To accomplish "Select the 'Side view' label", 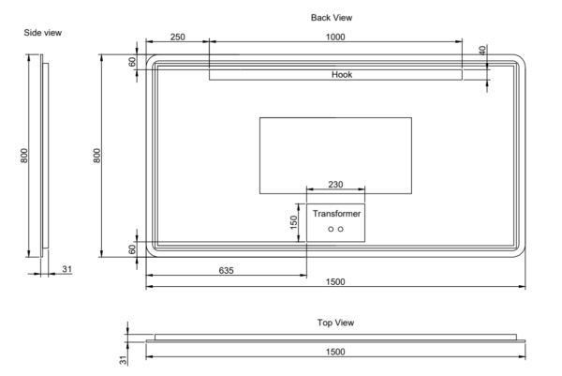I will click(x=43, y=33).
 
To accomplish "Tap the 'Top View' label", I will click(x=335, y=322).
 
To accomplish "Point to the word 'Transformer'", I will click(x=335, y=214).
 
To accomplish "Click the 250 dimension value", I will click(x=176, y=37).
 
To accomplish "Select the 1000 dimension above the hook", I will click(x=335, y=37).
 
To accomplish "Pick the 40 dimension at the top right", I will click(x=482, y=51).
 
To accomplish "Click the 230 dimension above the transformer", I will click(x=334, y=185).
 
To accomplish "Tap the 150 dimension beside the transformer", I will click(x=293, y=222).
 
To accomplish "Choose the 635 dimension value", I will click(x=226, y=269).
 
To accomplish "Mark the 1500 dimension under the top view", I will click(x=335, y=351).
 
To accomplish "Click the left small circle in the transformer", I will click(x=331, y=230).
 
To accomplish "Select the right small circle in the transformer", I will click(x=341, y=230).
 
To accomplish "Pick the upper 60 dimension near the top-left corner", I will click(x=133, y=62).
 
